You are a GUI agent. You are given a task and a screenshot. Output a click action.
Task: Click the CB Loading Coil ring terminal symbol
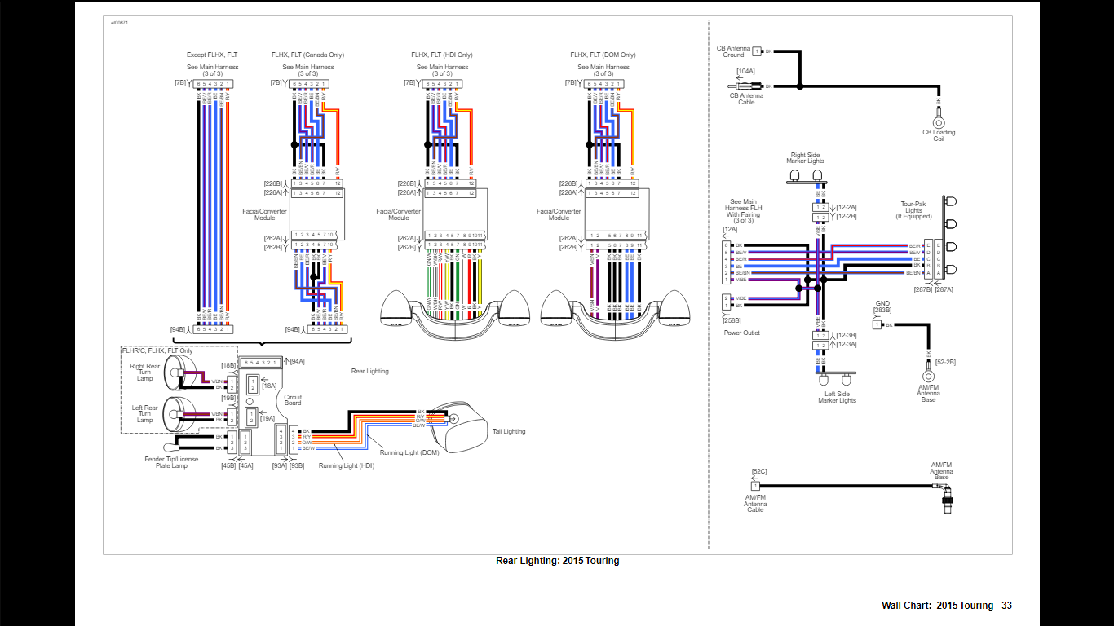coord(938,122)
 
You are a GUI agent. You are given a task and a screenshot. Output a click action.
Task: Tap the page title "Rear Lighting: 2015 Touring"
coord(557,561)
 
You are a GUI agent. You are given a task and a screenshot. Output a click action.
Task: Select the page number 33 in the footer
coord(1007,606)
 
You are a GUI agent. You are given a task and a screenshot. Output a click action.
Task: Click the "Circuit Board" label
coord(293,399)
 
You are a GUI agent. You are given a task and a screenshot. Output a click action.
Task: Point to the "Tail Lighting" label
coord(509,431)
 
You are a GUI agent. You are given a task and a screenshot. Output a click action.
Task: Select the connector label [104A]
coord(745,72)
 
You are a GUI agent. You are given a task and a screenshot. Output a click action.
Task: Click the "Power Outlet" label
coord(740,333)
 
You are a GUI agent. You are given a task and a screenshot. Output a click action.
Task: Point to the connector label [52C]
coord(758,471)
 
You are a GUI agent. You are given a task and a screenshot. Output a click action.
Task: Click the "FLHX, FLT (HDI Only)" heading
coord(442,55)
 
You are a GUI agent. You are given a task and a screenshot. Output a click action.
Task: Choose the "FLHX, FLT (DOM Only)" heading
coord(603,55)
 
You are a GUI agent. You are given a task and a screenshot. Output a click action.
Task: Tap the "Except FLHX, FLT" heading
coord(212,55)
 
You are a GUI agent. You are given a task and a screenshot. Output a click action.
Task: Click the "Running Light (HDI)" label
coord(347,465)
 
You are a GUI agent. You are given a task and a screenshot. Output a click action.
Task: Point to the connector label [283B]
coord(882,310)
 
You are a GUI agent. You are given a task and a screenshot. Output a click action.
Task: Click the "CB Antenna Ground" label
coord(732,51)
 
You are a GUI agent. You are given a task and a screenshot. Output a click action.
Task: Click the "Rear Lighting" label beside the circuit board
coord(369,371)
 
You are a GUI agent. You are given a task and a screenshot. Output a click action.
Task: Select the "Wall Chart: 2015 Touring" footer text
coord(937,606)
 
